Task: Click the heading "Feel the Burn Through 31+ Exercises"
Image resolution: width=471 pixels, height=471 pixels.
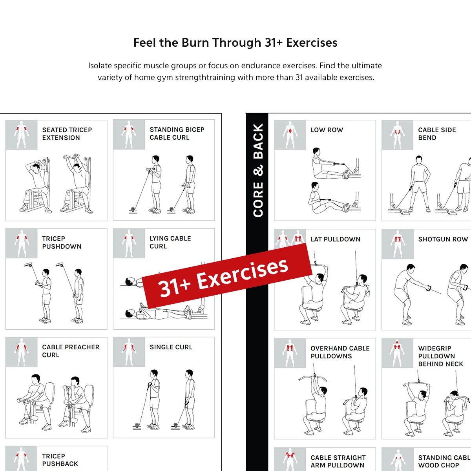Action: (x=235, y=43)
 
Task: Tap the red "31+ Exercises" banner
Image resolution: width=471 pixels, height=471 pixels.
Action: (x=227, y=276)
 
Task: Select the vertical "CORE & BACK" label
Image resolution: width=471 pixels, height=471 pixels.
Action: (x=258, y=170)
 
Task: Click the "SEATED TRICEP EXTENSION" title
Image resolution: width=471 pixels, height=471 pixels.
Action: (x=67, y=134)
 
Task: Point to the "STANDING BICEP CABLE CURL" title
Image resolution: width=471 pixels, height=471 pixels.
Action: (x=177, y=133)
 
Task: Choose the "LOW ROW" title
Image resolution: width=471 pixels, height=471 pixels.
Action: (x=327, y=130)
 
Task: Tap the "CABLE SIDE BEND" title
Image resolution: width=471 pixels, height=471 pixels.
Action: (x=437, y=134)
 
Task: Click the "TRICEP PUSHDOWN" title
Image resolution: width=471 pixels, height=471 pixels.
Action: (x=62, y=243)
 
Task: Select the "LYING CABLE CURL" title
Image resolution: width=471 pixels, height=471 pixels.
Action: (x=170, y=242)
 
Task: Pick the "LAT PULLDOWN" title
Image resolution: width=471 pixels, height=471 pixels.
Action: (x=335, y=239)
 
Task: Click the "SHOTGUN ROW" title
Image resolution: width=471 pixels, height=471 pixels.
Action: (x=443, y=239)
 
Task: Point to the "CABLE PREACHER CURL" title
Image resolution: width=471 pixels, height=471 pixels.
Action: (x=71, y=351)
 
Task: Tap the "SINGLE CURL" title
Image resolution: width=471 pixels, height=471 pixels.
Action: (x=171, y=347)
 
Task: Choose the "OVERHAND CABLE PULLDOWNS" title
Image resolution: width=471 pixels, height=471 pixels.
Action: (x=340, y=352)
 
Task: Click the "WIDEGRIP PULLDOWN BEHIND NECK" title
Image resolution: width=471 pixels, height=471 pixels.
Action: (x=440, y=356)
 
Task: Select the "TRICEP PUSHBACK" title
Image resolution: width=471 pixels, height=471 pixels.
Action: (x=60, y=460)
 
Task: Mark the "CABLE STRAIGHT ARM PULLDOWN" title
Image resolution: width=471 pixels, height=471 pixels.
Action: (x=338, y=461)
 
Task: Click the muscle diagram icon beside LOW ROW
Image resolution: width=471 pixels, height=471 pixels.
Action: (x=290, y=135)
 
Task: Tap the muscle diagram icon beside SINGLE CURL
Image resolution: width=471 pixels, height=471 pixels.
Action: (x=129, y=352)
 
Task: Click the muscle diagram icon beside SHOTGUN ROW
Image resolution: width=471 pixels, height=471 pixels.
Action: (x=398, y=244)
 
